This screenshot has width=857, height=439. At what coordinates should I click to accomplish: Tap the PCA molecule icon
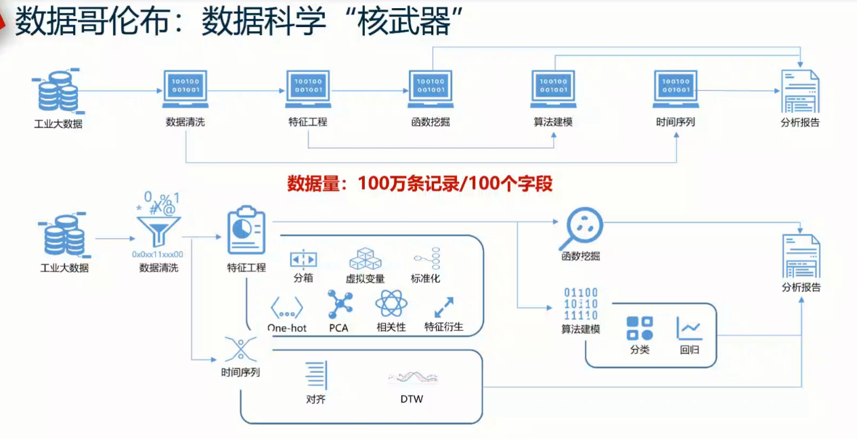[338, 304]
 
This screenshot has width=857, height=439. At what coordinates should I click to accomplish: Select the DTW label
[412, 399]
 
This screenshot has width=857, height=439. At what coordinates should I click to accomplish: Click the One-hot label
[287, 328]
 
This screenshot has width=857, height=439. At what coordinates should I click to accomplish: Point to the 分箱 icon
[303, 259]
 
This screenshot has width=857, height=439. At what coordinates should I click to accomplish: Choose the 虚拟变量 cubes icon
[366, 259]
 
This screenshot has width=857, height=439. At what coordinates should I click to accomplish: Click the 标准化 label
[426, 278]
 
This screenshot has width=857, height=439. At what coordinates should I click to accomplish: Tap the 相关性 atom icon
[391, 304]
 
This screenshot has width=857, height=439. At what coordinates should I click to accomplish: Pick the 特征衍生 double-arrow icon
[443, 307]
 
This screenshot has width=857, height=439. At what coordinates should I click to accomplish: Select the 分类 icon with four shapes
[640, 329]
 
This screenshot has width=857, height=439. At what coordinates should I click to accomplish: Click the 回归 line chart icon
[690, 329]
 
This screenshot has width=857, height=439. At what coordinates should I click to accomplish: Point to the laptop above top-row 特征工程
[308, 89]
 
